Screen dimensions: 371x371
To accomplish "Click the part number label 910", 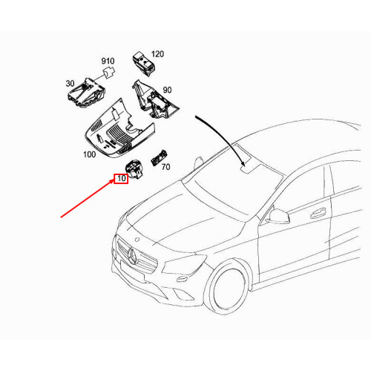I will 108,61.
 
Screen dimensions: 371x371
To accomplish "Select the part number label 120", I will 157,54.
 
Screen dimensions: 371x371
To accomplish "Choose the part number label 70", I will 165,168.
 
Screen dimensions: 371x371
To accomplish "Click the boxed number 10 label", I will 120,179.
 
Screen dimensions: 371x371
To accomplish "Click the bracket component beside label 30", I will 86,93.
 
